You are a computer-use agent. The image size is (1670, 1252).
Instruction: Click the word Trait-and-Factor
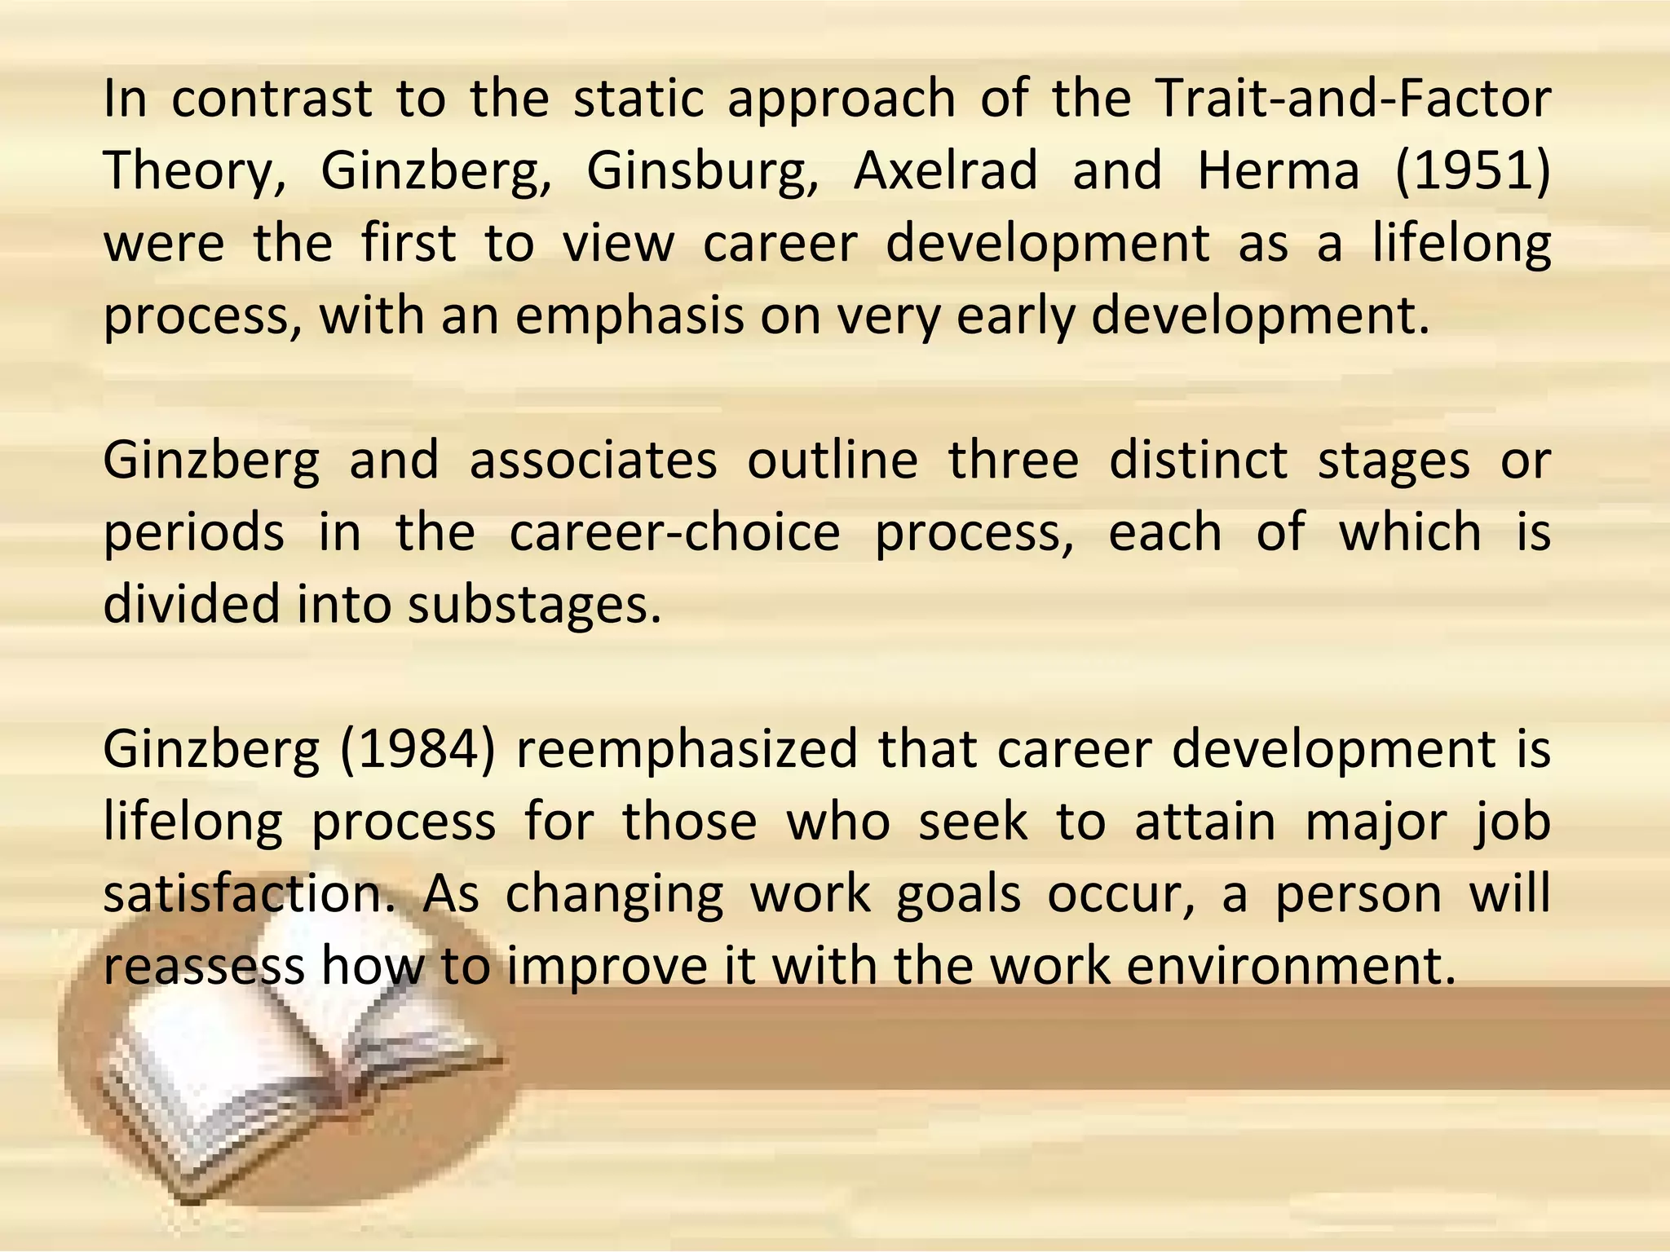(x=1354, y=99)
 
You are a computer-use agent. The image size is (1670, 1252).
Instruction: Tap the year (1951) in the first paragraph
(x=1473, y=172)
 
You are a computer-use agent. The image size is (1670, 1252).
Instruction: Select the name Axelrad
(x=945, y=172)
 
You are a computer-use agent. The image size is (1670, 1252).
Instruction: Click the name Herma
(x=1278, y=172)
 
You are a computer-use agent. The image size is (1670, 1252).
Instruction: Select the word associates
(x=593, y=461)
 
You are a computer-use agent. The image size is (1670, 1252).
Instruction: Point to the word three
(x=1013, y=461)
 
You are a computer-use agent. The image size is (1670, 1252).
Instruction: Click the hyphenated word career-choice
(x=674, y=533)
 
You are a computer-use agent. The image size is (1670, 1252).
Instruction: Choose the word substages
(x=533, y=606)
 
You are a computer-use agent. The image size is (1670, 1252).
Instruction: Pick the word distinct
(x=1198, y=461)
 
